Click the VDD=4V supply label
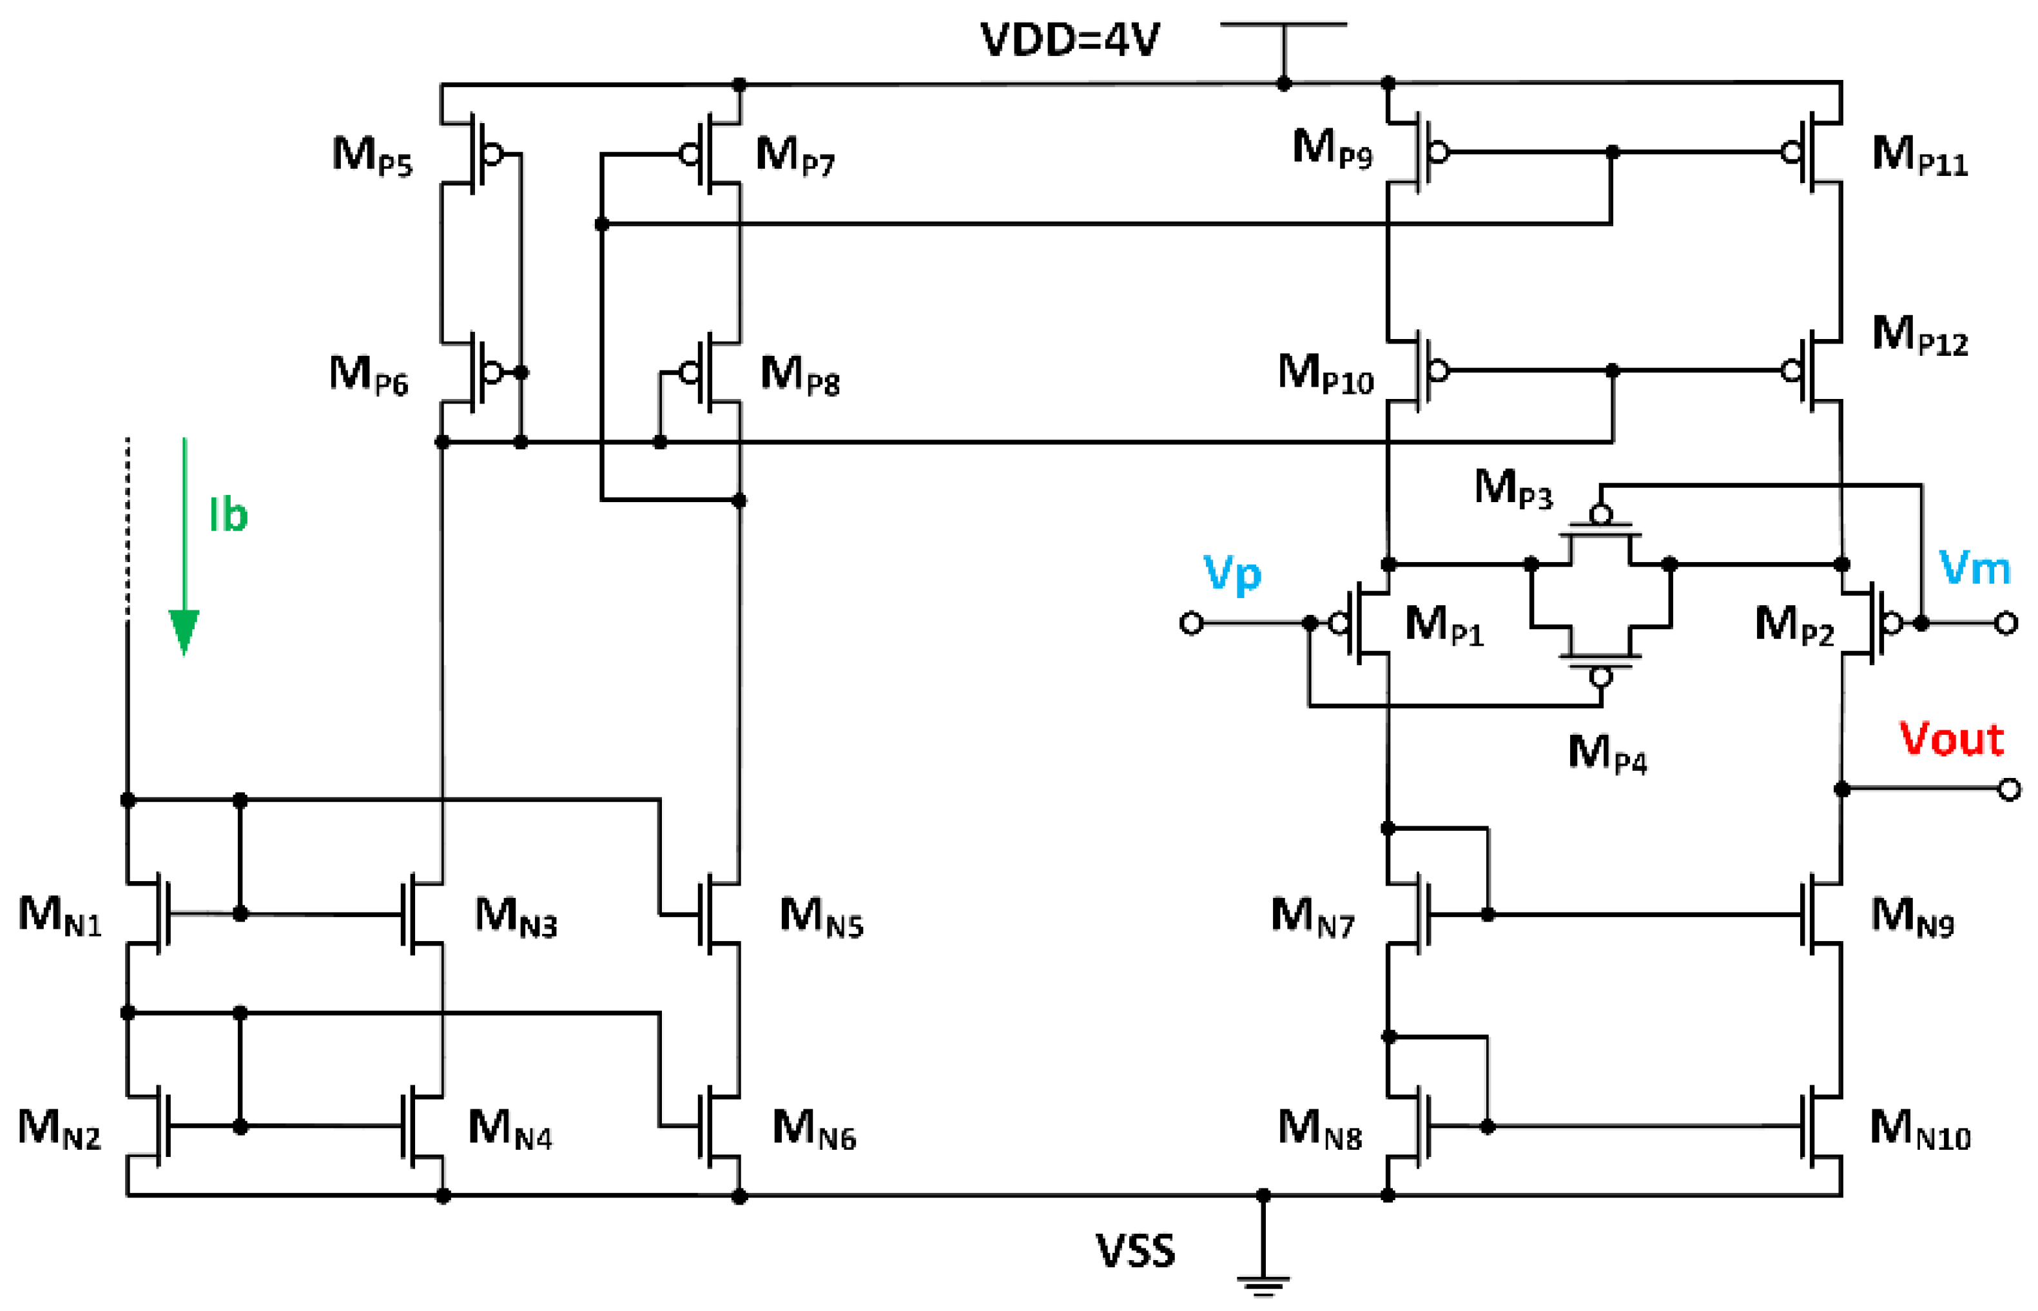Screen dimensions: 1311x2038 (x=1069, y=39)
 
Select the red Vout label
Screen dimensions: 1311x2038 (x=1951, y=738)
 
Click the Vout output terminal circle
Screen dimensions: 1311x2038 (x=2009, y=789)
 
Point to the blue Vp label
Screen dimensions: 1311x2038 (x=1231, y=574)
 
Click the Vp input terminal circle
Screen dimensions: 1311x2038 (x=1191, y=623)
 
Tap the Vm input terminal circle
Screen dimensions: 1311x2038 (x=2006, y=623)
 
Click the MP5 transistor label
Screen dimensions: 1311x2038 (x=372, y=156)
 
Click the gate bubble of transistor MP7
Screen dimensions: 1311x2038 (x=690, y=154)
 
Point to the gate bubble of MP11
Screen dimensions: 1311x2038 (x=1791, y=152)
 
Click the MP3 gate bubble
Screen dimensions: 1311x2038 (x=1600, y=514)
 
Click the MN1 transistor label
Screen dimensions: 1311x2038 (x=59, y=916)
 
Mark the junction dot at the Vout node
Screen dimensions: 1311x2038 (x=1841, y=789)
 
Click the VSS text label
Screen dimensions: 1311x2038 (x=1135, y=1250)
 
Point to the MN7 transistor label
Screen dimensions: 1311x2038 (x=1312, y=917)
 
